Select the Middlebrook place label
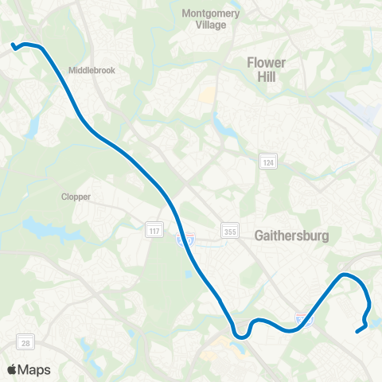tap(92, 70)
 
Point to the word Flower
tap(266, 62)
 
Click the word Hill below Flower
tap(266, 77)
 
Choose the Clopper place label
tap(76, 196)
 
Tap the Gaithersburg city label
tap(292, 236)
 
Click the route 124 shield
tap(269, 162)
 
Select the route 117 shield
tap(153, 231)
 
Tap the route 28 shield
tap(26, 343)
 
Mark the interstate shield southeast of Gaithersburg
tap(306, 320)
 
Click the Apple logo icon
tap(12, 369)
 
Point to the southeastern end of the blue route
tap(356, 332)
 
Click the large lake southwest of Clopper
tap(44, 229)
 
